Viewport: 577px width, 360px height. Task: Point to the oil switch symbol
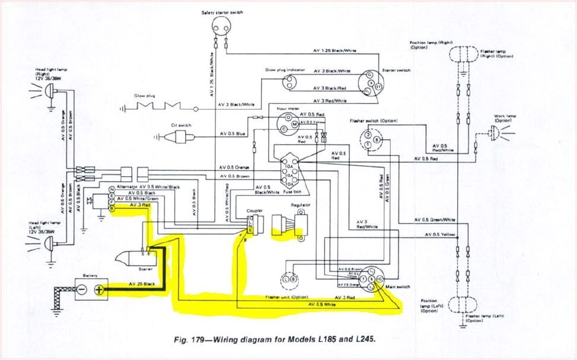click(x=179, y=136)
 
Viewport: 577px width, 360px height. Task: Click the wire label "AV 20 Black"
click(x=142, y=285)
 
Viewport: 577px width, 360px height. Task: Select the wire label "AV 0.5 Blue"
click(x=232, y=134)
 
